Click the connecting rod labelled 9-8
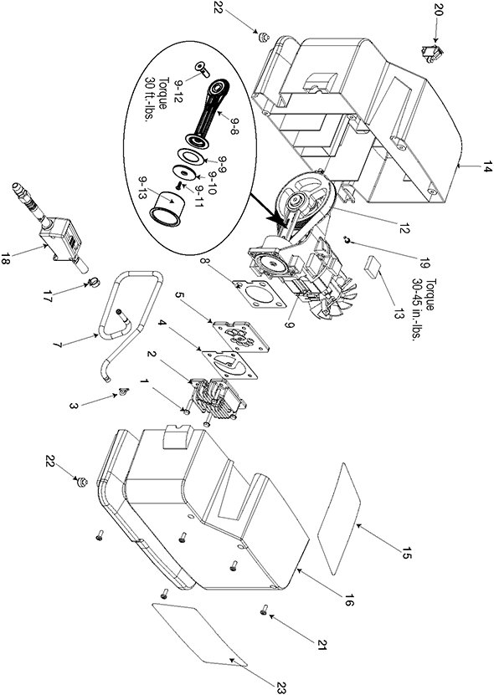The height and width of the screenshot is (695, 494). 208,110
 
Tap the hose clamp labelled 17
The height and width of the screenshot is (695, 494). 94,280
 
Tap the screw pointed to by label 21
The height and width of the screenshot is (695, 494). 263,611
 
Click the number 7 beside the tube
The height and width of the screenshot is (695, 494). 59,345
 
